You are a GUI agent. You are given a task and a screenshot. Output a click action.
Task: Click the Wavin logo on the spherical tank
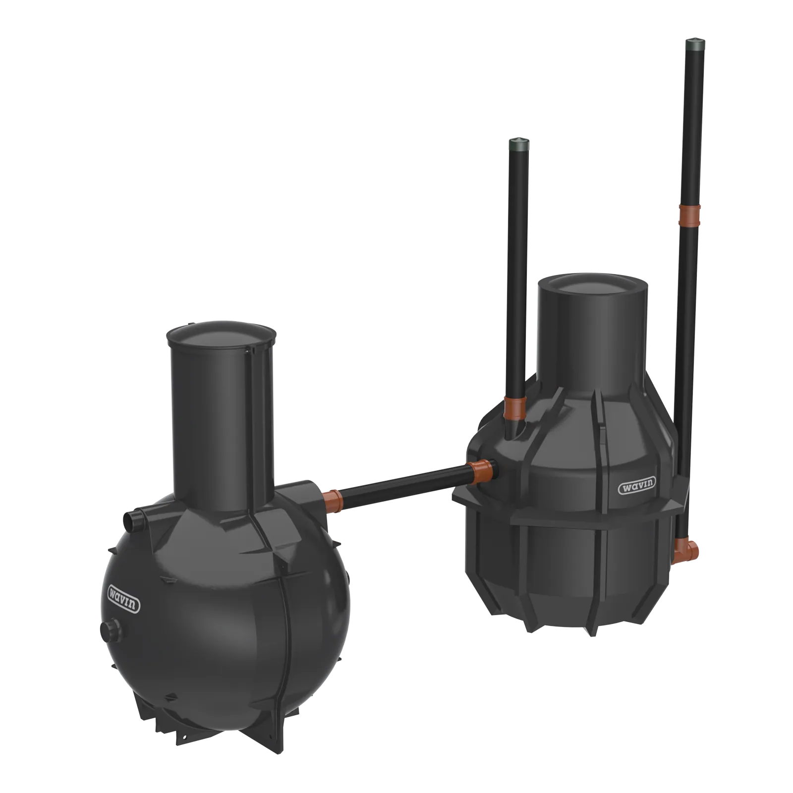tap(124, 599)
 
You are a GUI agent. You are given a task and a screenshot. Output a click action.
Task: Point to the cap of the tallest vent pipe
tap(692, 45)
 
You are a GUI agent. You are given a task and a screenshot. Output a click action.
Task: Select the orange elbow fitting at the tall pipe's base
tap(687, 550)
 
